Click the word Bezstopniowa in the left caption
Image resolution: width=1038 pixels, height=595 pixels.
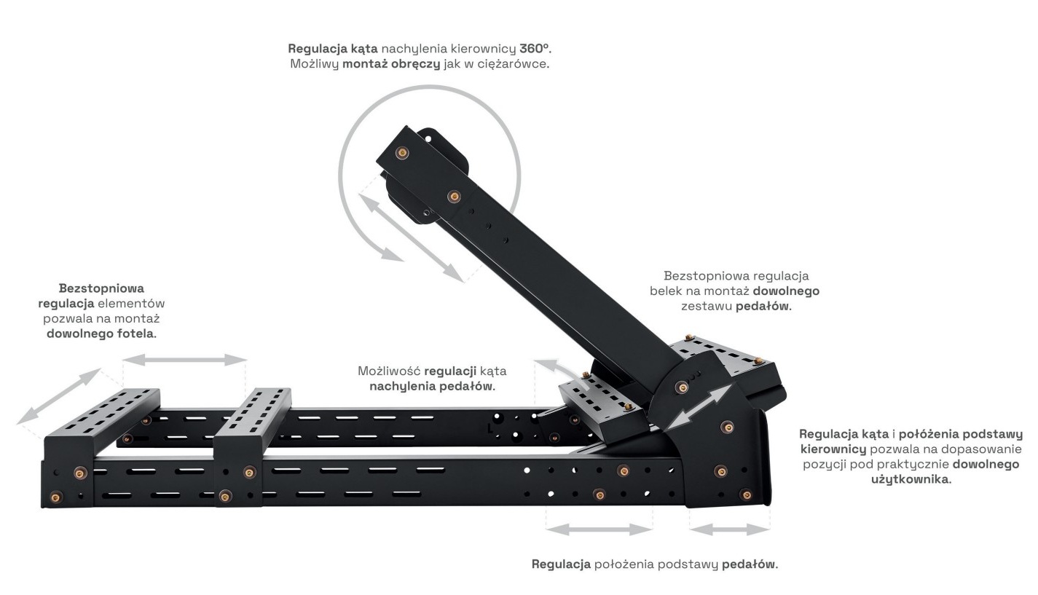tap(101, 288)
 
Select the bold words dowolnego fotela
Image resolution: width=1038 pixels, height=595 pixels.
tap(101, 334)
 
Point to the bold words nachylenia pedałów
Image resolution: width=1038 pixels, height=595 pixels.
tap(433, 387)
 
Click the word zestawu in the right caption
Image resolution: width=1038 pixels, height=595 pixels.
tap(707, 307)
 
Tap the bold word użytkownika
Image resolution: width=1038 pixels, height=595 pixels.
tap(911, 479)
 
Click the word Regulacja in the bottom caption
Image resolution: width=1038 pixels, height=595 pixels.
tap(561, 564)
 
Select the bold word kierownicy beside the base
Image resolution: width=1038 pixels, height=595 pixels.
tap(833, 449)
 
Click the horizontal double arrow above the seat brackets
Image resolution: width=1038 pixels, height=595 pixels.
tap(185, 360)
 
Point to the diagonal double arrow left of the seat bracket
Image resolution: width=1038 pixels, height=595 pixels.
tap(59, 396)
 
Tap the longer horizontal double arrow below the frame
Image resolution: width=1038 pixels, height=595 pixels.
tap(599, 529)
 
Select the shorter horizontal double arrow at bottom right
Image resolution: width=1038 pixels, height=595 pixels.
tap(730, 529)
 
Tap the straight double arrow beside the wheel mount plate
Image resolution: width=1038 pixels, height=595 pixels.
tap(410, 237)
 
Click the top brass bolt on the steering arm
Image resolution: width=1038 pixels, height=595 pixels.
tap(402, 152)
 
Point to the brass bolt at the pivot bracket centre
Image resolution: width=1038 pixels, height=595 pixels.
tap(681, 387)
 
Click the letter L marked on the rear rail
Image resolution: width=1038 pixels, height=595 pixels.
tap(489, 429)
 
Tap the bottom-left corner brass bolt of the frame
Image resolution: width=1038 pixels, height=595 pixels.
tap(55, 498)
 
